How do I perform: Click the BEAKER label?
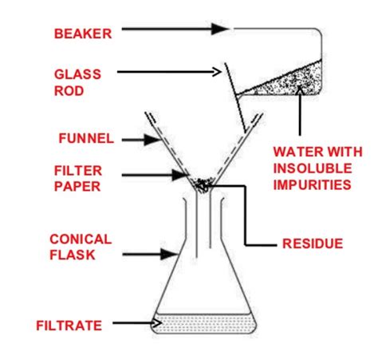coord(82,34)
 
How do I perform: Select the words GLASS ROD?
coord(78,81)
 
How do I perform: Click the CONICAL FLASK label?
coord(81,247)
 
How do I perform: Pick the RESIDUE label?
coord(312,243)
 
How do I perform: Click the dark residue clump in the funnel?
coord(203,185)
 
